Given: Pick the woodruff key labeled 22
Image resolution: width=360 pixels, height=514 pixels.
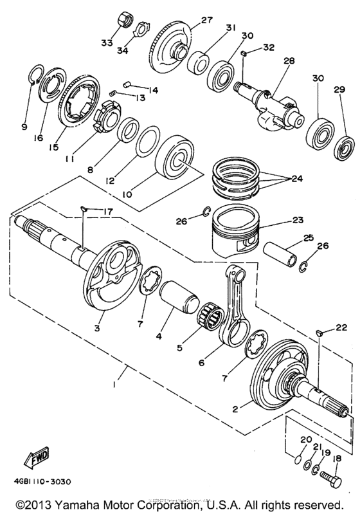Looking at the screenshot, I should [x=319, y=333].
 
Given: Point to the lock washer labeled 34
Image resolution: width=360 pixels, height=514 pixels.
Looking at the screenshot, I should [x=141, y=30].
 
